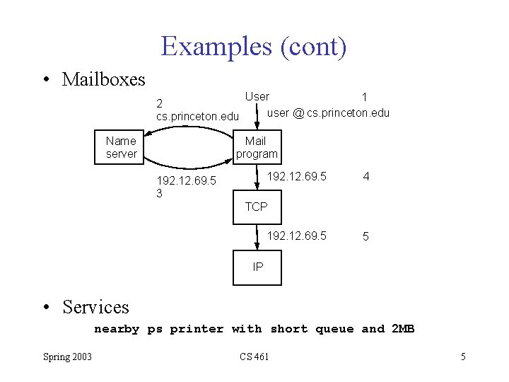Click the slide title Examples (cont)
tap(254, 47)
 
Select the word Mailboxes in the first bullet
tap(103, 79)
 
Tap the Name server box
tap(121, 147)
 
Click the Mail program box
tap(257, 147)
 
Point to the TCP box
tap(257, 207)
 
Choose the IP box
tap(257, 267)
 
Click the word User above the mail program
tap(257, 96)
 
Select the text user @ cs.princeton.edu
tap(328, 113)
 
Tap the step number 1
tap(364, 97)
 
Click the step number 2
tap(160, 103)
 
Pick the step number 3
tap(160, 193)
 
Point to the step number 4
tap(365, 177)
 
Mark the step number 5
tap(365, 237)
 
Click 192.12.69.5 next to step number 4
tap(296, 176)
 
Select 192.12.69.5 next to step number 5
tap(296, 236)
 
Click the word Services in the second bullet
tap(95, 307)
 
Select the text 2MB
tap(402, 329)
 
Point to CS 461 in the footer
tap(255, 357)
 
